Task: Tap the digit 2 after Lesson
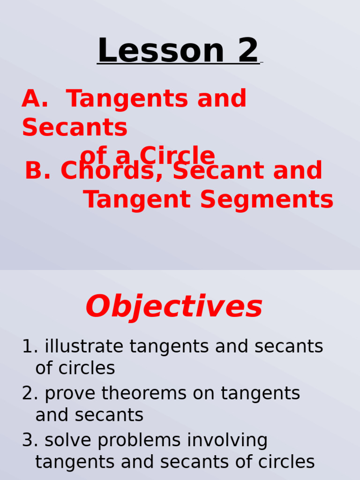248,51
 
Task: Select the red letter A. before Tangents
35,99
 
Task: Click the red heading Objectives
174,307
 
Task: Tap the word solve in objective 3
65,441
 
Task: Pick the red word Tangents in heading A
124,99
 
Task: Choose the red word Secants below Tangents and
75,127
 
